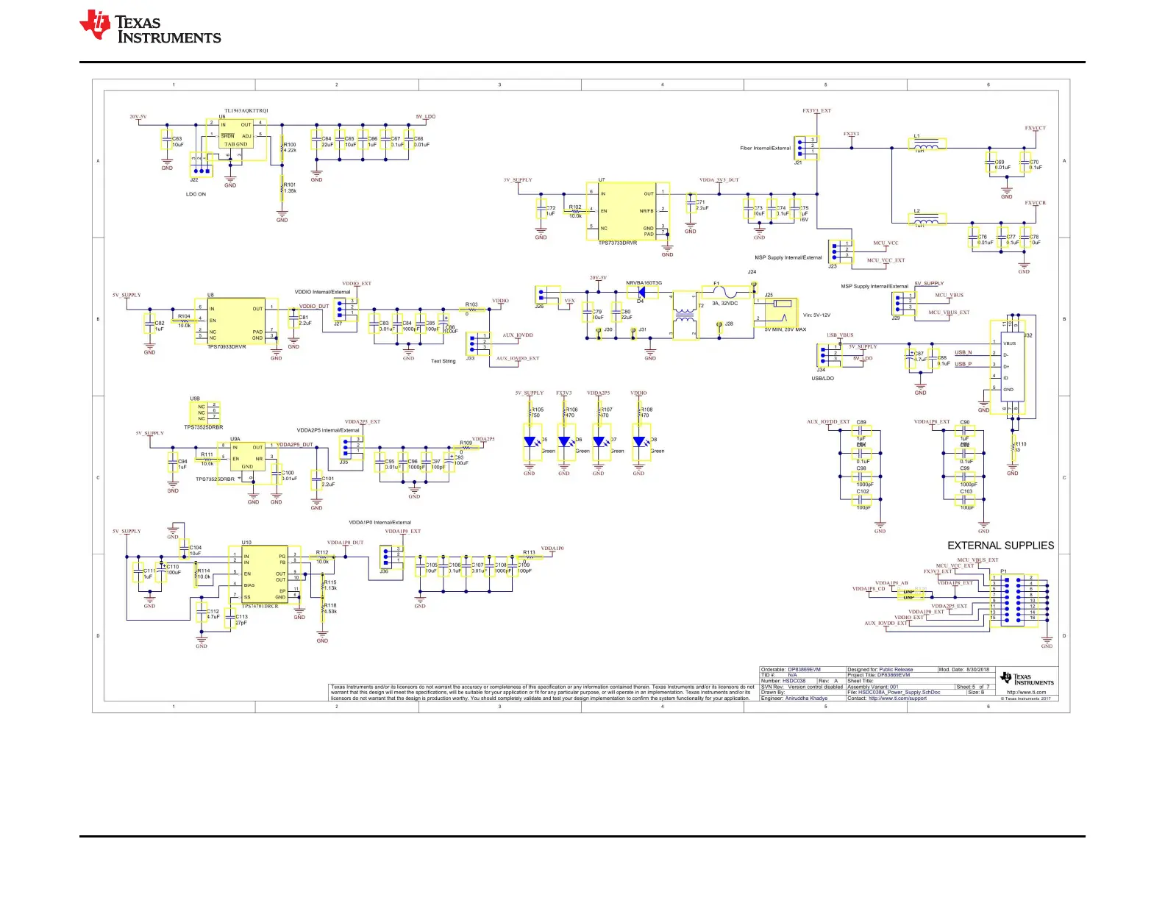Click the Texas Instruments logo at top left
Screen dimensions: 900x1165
coord(150,27)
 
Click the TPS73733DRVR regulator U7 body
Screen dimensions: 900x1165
coord(627,211)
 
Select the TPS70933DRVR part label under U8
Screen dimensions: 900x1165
coord(227,347)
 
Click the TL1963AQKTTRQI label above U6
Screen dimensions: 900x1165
coord(246,111)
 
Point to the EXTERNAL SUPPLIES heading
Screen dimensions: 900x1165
coord(1000,546)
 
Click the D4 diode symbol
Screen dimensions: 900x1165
coord(641,292)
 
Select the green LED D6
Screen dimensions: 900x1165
coord(565,442)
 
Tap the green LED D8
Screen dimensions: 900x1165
coord(639,442)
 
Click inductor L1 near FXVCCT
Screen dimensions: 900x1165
coord(928,145)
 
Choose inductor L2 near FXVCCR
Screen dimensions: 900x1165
coord(928,219)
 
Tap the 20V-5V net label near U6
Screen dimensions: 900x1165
coord(138,117)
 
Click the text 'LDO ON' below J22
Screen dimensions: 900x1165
coord(196,195)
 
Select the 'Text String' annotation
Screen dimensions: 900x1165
coord(443,362)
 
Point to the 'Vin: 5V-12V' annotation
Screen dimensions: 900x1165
coord(816,315)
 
